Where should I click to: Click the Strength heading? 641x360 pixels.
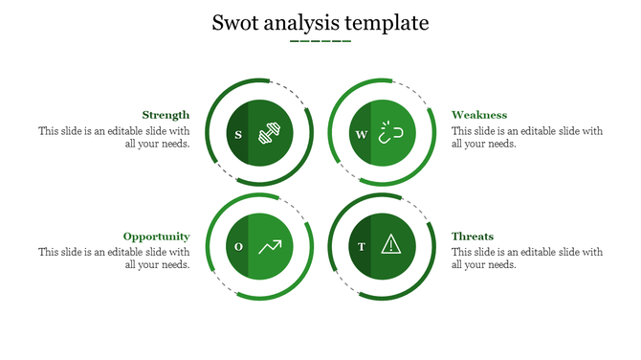166,115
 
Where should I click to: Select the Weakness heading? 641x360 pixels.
479,115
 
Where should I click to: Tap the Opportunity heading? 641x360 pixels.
156,236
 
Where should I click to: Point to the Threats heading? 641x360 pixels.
473,236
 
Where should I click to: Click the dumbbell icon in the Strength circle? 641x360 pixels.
271,133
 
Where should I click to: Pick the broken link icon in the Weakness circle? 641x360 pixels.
390,133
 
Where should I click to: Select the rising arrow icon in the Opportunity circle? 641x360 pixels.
271,246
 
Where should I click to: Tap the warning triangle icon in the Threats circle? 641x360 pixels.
390,246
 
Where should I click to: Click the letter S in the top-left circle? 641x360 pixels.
238,134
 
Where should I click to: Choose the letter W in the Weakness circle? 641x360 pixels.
361,134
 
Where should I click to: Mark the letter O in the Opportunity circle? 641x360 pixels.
238,247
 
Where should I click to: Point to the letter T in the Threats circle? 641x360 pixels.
361,247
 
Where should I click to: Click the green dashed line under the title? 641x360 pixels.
320,41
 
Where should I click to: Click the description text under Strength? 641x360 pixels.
115,138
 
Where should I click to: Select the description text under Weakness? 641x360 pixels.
526,138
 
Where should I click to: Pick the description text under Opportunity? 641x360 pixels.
115,259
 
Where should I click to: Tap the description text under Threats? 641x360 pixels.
526,259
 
